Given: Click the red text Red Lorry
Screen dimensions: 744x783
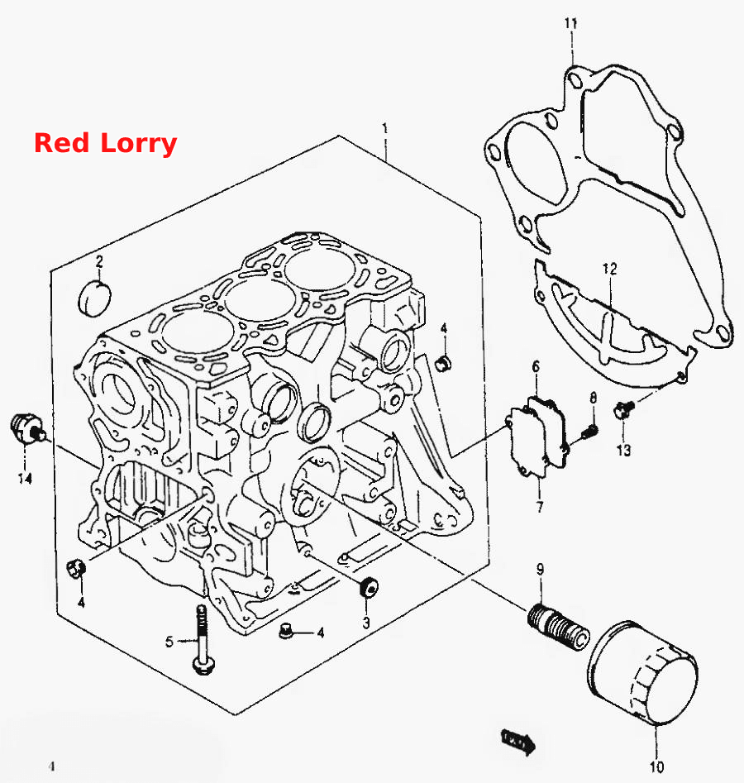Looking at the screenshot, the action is coord(105,143).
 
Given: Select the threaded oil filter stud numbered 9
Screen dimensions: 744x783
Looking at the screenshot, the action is coord(558,628).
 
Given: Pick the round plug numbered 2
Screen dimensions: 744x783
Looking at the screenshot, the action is coord(95,299).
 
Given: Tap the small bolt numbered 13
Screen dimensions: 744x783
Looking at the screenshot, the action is coord(623,409).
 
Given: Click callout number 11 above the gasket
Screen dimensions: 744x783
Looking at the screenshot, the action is coord(571,23).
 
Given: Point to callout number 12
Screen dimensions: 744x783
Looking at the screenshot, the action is coord(610,270).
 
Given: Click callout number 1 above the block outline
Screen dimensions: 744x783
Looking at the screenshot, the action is coord(384,128).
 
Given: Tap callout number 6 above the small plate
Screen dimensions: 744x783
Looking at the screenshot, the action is coord(536,367).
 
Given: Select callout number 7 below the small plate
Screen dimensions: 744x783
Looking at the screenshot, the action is coord(540,507).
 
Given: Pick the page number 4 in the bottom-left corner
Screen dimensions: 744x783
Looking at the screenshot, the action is coord(51,766).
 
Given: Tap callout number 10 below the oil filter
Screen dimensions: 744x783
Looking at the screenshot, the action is coord(656,766).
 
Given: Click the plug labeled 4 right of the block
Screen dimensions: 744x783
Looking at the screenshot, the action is coord(442,364).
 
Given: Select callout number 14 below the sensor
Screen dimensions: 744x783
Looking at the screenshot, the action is coord(25,479).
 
